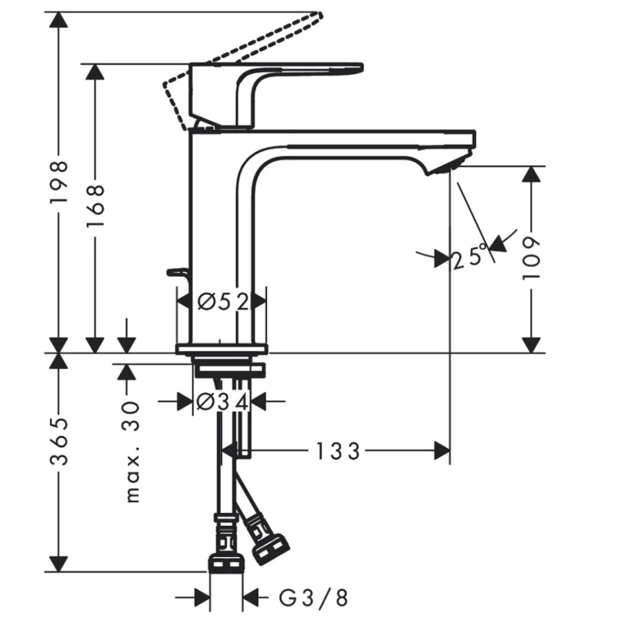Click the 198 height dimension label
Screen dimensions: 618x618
[59, 182]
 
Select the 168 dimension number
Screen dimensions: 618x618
[95, 205]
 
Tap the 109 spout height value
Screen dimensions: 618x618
[531, 258]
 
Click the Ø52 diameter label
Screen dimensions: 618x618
[223, 302]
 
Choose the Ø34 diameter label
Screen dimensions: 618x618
[222, 402]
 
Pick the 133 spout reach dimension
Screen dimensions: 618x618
[338, 451]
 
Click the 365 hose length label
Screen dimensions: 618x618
[59, 441]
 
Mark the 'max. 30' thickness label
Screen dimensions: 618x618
[131, 452]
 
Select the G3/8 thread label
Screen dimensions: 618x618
[313, 597]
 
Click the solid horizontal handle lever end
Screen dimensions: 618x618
[355, 69]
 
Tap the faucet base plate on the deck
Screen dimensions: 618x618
[222, 348]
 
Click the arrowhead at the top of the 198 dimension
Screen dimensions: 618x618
[59, 20]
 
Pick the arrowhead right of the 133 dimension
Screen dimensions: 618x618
[442, 450]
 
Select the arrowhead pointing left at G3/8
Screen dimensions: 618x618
[250, 597]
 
